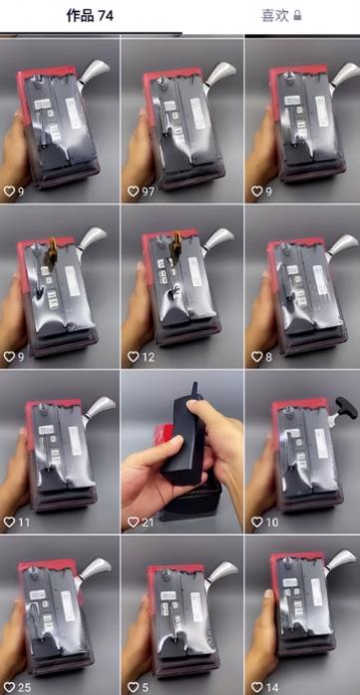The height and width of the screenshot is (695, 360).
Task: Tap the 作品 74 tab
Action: [89, 16]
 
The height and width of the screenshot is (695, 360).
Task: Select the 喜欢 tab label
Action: [275, 16]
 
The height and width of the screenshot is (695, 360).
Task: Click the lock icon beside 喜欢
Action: [297, 16]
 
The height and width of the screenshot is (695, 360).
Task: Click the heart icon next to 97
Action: [133, 190]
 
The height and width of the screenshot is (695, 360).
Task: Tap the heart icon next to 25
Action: [10, 687]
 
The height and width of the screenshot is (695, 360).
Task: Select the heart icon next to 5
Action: [133, 687]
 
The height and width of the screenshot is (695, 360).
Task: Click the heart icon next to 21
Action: [133, 521]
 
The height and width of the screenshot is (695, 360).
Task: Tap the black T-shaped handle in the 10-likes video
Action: [343, 406]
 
